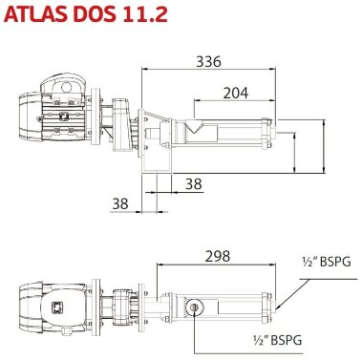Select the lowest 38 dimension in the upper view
point(119,202)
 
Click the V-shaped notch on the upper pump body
point(195,125)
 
